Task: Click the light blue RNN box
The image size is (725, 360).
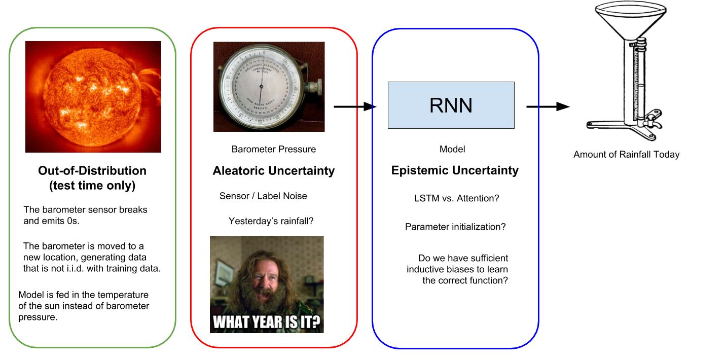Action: pos(451,105)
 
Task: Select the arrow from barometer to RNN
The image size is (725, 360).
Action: pos(355,106)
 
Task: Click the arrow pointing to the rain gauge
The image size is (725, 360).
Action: pos(548,106)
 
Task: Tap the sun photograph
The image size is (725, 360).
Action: pos(93,96)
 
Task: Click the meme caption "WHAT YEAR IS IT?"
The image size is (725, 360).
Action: pos(267,322)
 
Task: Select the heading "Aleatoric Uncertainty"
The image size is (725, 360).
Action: pos(273,171)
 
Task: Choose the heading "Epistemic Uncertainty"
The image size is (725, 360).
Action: pos(455,170)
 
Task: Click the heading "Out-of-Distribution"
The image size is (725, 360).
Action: pos(92,171)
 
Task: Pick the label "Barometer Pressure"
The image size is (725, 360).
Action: pos(273,149)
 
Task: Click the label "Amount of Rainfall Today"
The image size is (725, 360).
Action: pos(626,155)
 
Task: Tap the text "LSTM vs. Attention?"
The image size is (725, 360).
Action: pos(456,198)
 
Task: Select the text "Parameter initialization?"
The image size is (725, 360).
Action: pos(455,227)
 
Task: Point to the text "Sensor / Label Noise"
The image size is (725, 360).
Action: pos(263,196)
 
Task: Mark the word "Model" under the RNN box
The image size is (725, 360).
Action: pos(452,149)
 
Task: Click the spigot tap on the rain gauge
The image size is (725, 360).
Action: pos(651,120)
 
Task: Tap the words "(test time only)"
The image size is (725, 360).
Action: pos(92,186)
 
